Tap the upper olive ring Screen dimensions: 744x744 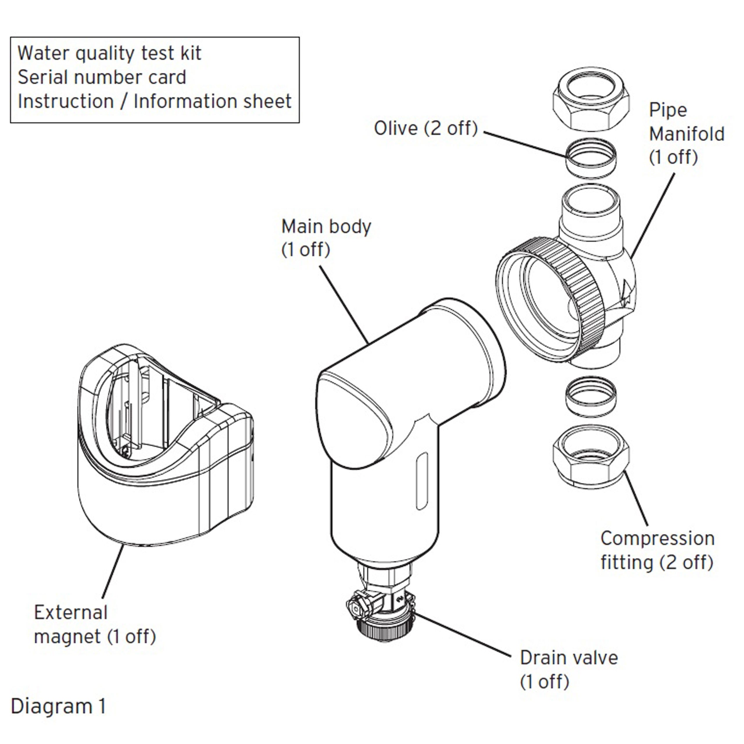tap(590, 158)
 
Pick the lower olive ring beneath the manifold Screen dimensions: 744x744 tap(590, 396)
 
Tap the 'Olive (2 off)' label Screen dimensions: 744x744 tap(425, 128)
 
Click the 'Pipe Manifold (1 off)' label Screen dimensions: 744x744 tap(686, 134)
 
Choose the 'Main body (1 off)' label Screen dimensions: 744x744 tap(326, 238)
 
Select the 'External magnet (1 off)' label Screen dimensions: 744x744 tap(94, 625)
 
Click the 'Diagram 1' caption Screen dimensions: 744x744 tap(58, 706)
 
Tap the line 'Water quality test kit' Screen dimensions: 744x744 tap(109, 53)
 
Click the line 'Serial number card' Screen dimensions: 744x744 tap(102, 77)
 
